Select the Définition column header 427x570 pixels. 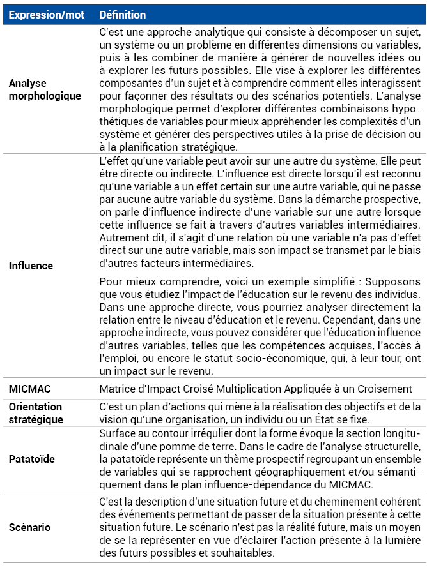123,15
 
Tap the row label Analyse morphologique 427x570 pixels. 45,89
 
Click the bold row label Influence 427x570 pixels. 31,266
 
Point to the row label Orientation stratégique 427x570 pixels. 35,412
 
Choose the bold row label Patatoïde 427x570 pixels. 31,459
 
